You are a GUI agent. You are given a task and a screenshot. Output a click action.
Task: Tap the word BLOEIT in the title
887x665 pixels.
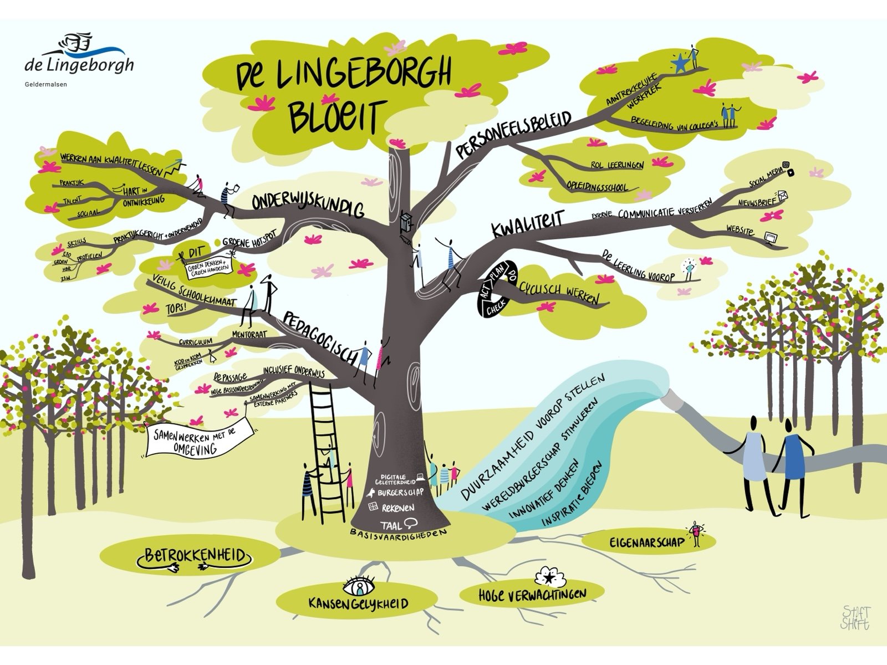tap(335, 116)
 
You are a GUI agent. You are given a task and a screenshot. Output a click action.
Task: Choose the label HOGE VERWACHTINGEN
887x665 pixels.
tap(532, 595)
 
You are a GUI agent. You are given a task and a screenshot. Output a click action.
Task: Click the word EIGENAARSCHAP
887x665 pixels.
tap(647, 542)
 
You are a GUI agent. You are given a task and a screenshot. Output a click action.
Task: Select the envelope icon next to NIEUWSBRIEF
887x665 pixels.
tap(783, 196)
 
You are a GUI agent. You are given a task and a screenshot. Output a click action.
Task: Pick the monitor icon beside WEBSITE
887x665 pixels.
tap(770, 238)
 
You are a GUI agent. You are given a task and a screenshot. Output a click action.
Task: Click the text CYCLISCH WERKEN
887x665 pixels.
tap(559, 293)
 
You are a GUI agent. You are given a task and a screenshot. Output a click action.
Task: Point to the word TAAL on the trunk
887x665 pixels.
tap(391, 524)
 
